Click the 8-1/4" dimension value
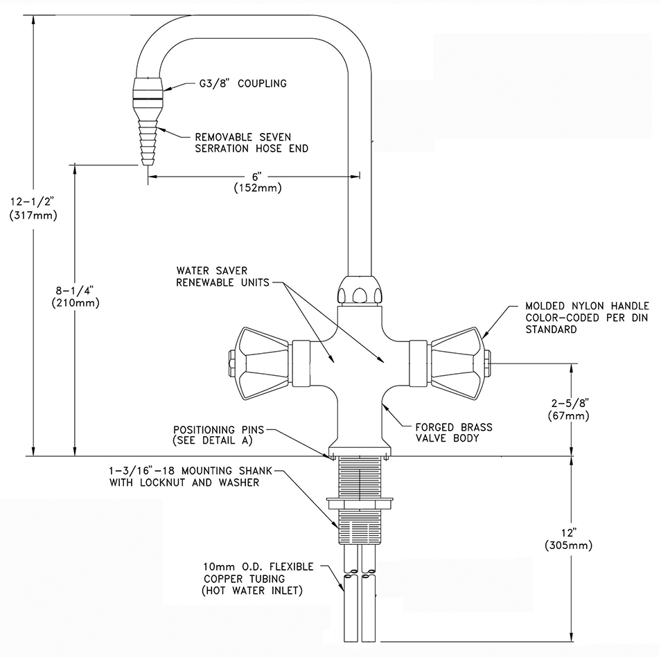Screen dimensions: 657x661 pyautogui.click(x=75, y=289)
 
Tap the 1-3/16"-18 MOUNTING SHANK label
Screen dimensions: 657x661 pyautogui.click(x=184, y=477)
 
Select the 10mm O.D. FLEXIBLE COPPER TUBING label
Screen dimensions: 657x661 pyautogui.click(x=258, y=578)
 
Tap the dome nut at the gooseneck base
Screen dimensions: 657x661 pyautogui.click(x=359, y=290)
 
